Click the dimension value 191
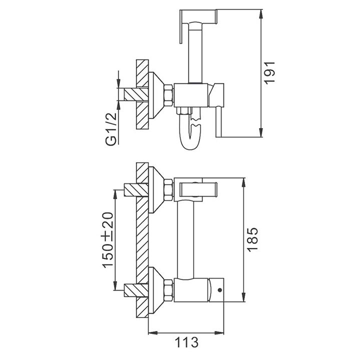(x=270, y=73)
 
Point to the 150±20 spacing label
(x=108, y=239)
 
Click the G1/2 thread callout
(x=111, y=129)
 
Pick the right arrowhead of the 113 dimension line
(x=225, y=332)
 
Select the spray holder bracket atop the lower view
(x=198, y=189)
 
